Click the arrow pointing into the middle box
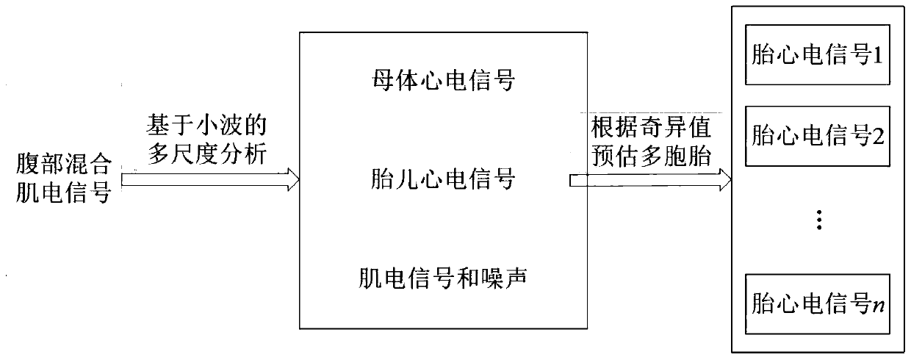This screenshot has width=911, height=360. click(210, 178)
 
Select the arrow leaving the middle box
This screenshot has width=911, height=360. click(650, 179)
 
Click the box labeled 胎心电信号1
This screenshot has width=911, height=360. click(818, 56)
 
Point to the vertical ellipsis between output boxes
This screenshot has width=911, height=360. click(818, 220)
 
